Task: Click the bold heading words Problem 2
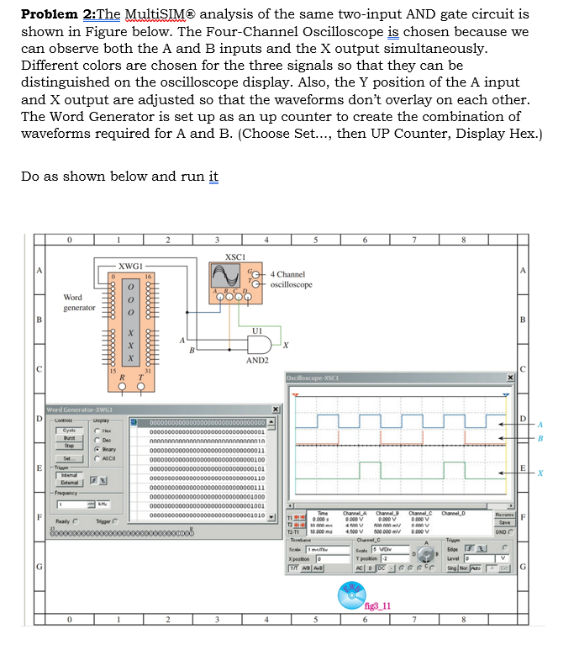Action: pos(58,15)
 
